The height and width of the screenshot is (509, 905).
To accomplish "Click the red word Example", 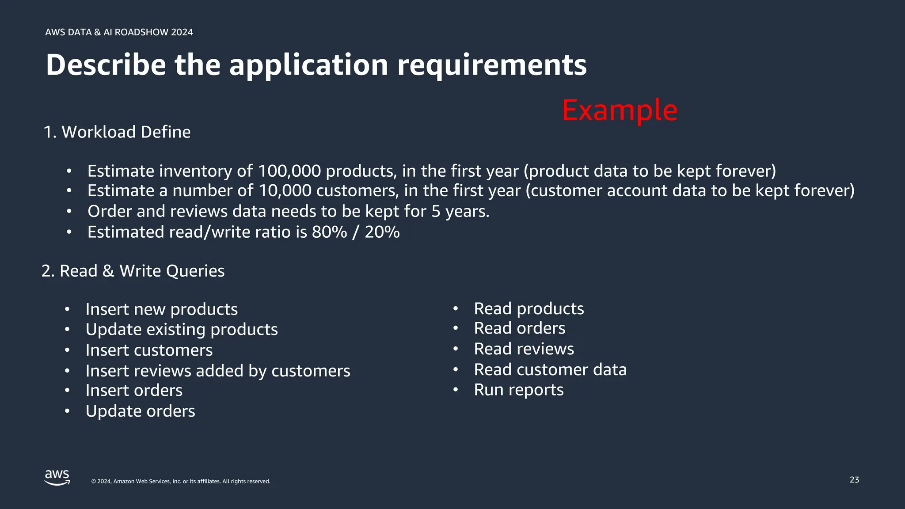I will pyautogui.click(x=619, y=110).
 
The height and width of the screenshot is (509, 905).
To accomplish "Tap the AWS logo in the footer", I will pyautogui.click(x=57, y=478).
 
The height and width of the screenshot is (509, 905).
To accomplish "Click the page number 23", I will pyautogui.click(x=854, y=480).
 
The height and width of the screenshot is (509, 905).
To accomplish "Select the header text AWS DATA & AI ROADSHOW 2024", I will pyautogui.click(x=119, y=32).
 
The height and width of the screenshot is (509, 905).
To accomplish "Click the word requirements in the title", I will pyautogui.click(x=491, y=65).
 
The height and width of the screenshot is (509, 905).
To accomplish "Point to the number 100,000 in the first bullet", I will pyautogui.click(x=289, y=171).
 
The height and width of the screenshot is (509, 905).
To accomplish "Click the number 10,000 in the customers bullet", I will pyautogui.click(x=285, y=191).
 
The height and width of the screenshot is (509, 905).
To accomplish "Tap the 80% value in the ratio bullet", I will pyautogui.click(x=329, y=232).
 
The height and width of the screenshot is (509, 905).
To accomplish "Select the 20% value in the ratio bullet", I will pyautogui.click(x=382, y=232).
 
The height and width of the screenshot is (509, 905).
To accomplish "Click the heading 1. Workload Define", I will pyautogui.click(x=117, y=132).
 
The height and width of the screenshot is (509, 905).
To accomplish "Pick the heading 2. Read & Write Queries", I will pyautogui.click(x=133, y=271).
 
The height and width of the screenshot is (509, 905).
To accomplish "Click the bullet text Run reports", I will pyautogui.click(x=518, y=390).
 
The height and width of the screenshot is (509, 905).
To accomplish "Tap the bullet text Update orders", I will pyautogui.click(x=140, y=411).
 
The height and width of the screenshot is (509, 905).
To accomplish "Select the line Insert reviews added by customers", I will pyautogui.click(x=217, y=371).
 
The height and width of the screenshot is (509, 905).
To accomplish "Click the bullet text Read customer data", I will pyautogui.click(x=550, y=370).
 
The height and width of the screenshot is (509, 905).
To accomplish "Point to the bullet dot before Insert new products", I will pyautogui.click(x=67, y=309).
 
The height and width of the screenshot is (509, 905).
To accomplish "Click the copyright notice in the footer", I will pyautogui.click(x=180, y=482).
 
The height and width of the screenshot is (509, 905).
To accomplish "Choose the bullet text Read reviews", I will pyautogui.click(x=524, y=349).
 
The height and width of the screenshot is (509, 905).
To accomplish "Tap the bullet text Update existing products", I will pyautogui.click(x=181, y=330).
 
